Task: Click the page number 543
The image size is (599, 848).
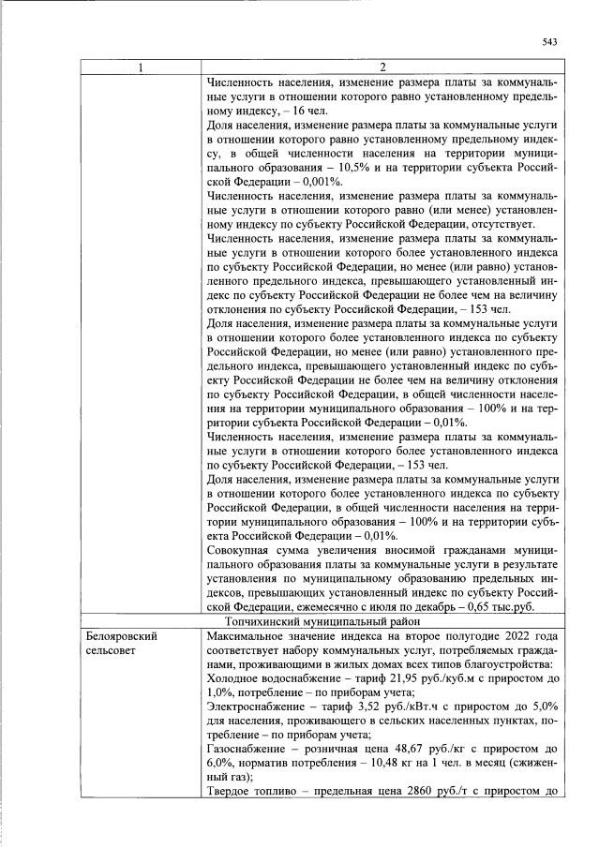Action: coord(550,41)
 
